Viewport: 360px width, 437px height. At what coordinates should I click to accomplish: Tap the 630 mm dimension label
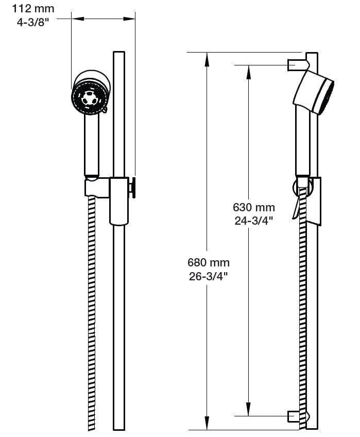[253, 208]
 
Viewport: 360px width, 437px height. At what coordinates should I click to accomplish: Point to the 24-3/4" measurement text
[253, 221]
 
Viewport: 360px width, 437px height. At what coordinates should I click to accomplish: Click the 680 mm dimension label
[208, 263]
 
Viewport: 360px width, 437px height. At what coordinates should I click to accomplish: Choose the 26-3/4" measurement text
[208, 276]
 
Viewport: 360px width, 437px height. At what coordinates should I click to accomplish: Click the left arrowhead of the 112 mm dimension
[76, 19]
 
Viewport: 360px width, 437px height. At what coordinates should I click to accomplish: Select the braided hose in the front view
[92, 309]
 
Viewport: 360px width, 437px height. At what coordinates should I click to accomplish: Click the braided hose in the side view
[303, 309]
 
